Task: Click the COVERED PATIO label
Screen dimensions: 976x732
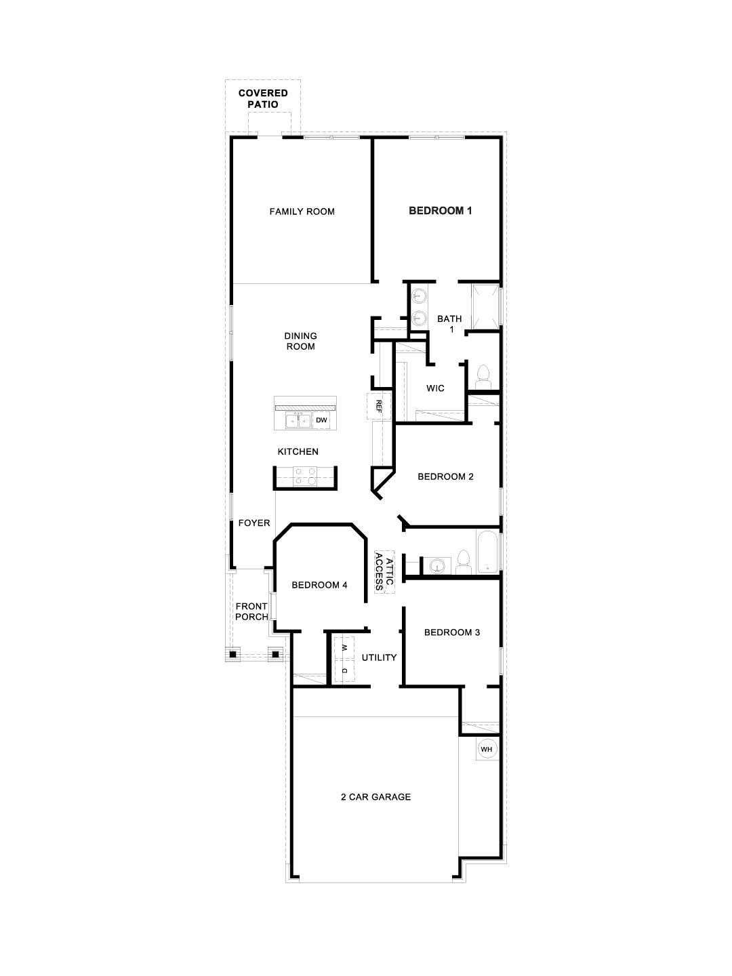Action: (262, 99)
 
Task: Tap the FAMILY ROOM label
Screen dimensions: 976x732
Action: (302, 211)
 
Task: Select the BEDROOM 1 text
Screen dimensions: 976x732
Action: (440, 211)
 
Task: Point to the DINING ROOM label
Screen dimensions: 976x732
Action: (300, 341)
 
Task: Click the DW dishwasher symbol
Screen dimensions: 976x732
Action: (322, 421)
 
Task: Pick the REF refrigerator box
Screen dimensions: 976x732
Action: (379, 407)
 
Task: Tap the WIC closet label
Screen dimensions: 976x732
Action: (435, 388)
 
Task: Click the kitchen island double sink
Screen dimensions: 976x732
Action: (298, 421)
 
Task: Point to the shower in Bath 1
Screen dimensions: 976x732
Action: (485, 306)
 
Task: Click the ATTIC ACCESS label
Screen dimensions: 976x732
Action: (384, 571)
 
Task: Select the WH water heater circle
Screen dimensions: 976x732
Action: (486, 749)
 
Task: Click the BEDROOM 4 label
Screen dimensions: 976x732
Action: (319, 585)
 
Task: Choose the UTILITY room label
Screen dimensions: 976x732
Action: (379, 657)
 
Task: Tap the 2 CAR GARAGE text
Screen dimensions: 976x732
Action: (375, 797)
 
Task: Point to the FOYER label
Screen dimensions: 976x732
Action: (254, 523)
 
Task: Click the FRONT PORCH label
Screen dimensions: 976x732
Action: (251, 611)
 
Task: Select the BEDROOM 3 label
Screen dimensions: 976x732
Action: (452, 632)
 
